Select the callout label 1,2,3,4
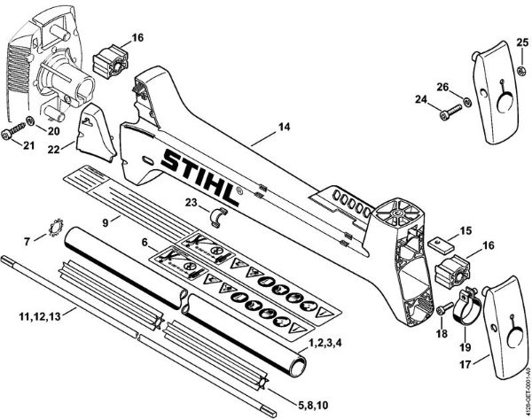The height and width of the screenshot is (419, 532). point(327,341)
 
